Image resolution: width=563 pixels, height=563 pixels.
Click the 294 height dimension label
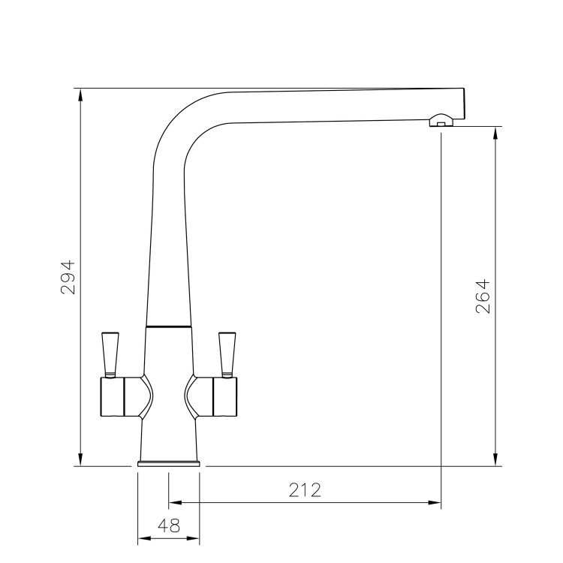coord(68,277)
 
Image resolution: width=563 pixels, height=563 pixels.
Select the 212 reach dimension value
coord(304,490)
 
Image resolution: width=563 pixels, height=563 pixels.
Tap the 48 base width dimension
coord(169,527)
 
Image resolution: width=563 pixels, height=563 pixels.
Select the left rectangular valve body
coord(113,396)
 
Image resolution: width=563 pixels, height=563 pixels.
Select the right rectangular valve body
coord(225,396)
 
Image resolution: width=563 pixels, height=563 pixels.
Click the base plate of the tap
coord(169,463)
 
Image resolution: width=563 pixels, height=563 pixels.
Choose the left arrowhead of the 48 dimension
coord(143,539)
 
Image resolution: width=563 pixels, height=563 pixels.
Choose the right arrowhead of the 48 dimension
coord(195,539)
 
